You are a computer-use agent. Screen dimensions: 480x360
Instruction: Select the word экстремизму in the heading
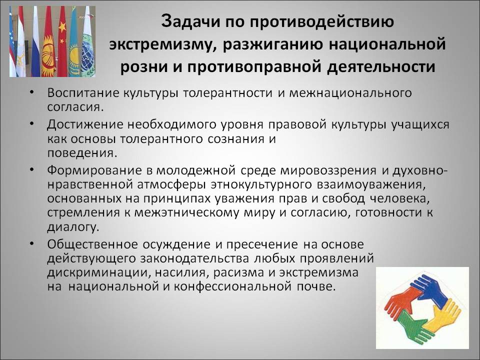tap(160, 44)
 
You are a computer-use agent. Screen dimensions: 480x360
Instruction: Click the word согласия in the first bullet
tap(74, 107)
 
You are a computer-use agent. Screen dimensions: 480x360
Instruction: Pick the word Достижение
tap(85, 124)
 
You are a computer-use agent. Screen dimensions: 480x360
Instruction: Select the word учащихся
tap(420, 125)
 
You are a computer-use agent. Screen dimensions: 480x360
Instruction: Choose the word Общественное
tap(92, 244)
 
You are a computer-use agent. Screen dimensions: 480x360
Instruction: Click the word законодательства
tap(194, 259)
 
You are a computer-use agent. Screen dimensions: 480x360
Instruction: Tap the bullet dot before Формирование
tap(31, 169)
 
